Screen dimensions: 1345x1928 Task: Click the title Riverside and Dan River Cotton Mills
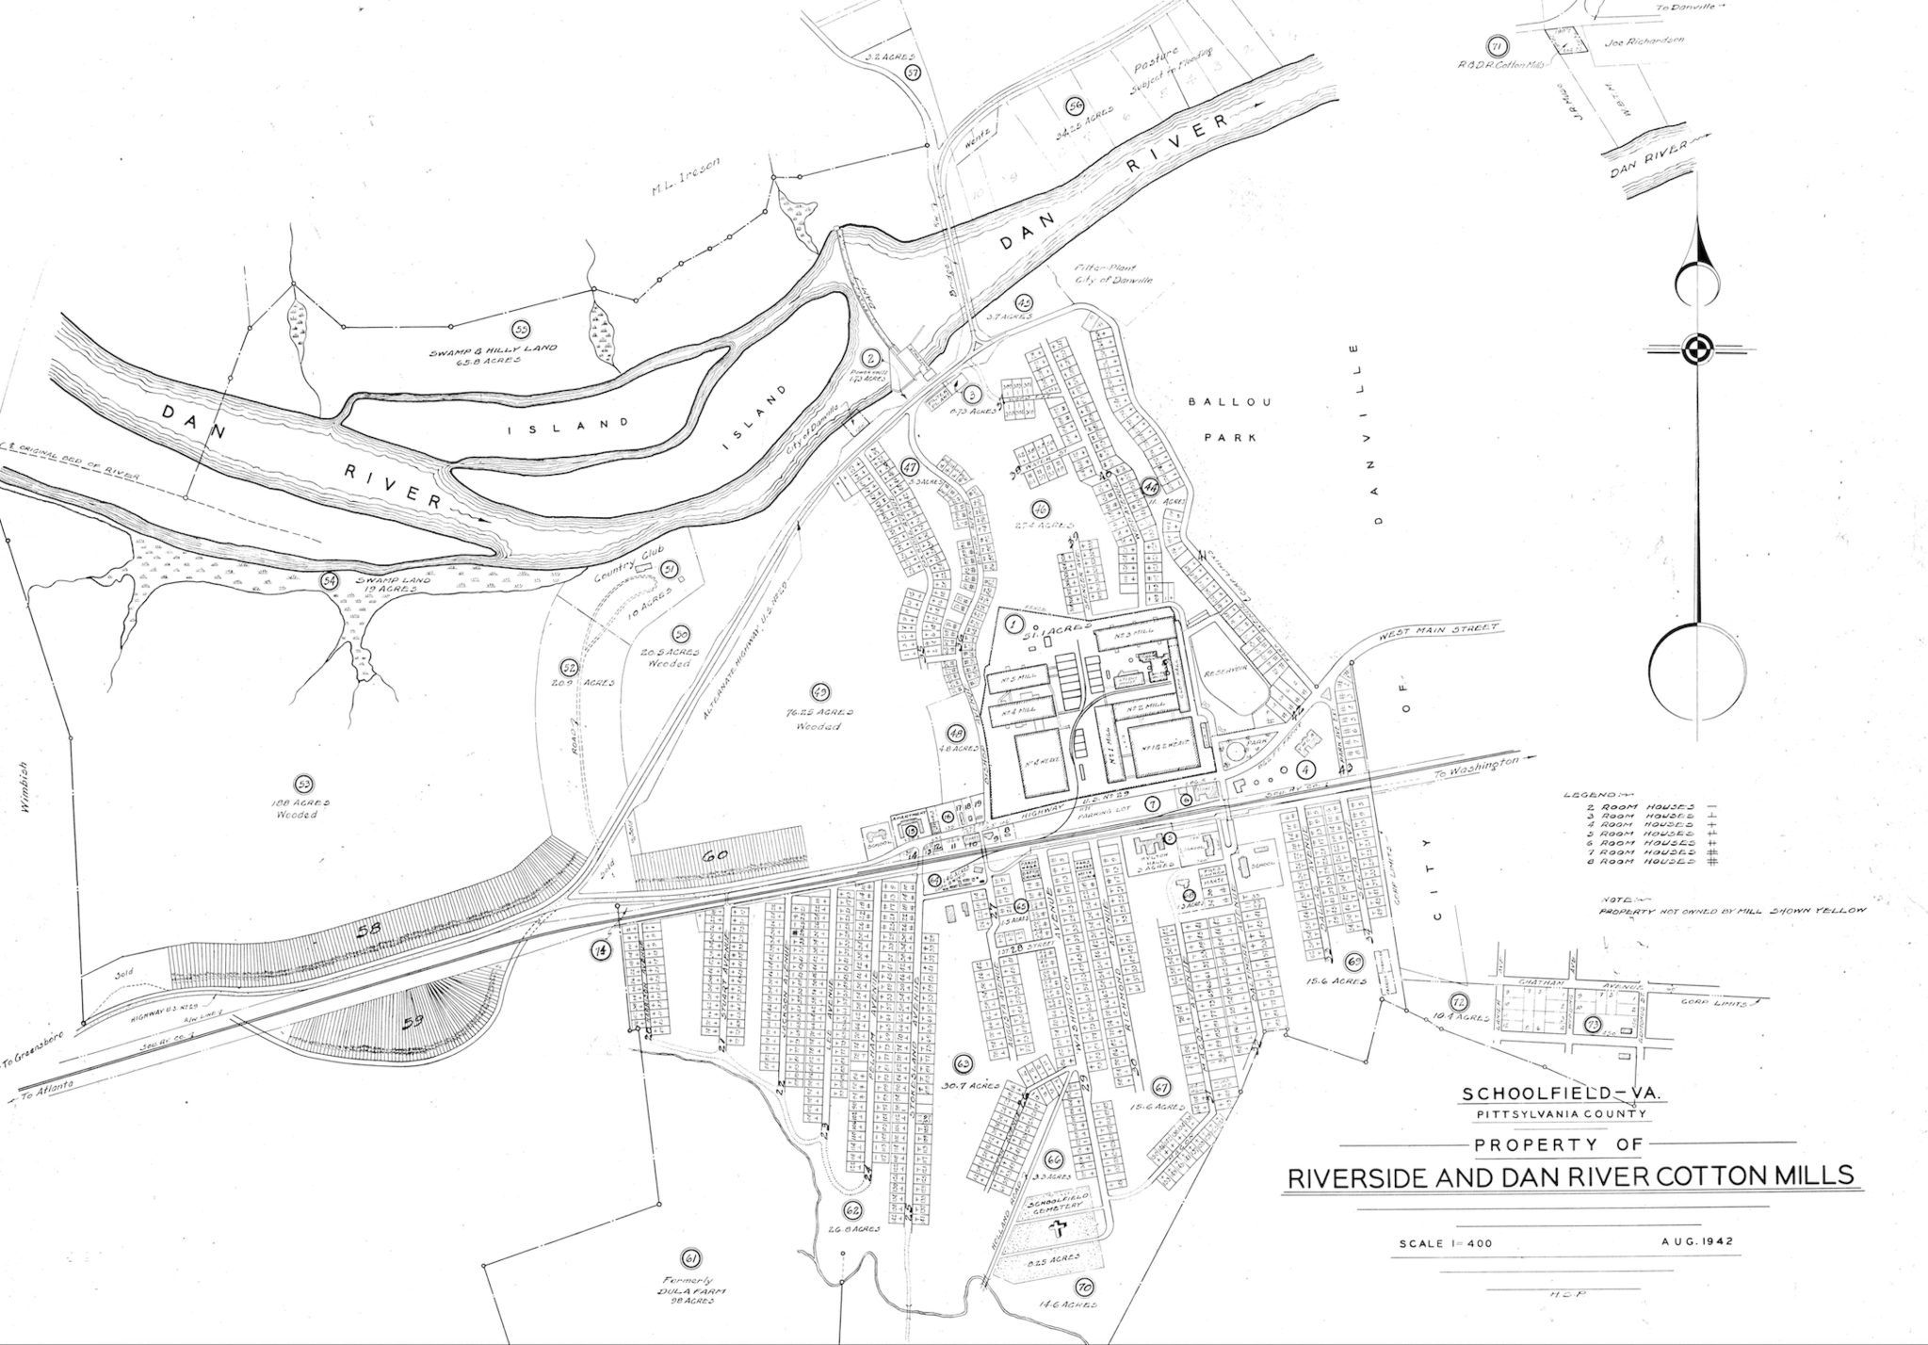pos(1567,1176)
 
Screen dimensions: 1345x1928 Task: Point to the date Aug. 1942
pos(1697,1240)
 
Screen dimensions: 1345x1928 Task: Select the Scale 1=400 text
pos(1446,1243)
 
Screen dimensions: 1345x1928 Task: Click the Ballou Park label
pos(1229,419)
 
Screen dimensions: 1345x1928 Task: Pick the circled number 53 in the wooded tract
pos(303,783)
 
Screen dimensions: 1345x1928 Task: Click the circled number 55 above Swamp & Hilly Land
pos(520,328)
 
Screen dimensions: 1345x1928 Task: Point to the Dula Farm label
pos(696,1293)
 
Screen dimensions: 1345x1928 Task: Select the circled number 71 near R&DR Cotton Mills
pos(1496,46)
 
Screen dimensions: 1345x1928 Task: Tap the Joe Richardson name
pos(1632,41)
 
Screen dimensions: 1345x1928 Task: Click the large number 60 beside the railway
pos(716,855)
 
